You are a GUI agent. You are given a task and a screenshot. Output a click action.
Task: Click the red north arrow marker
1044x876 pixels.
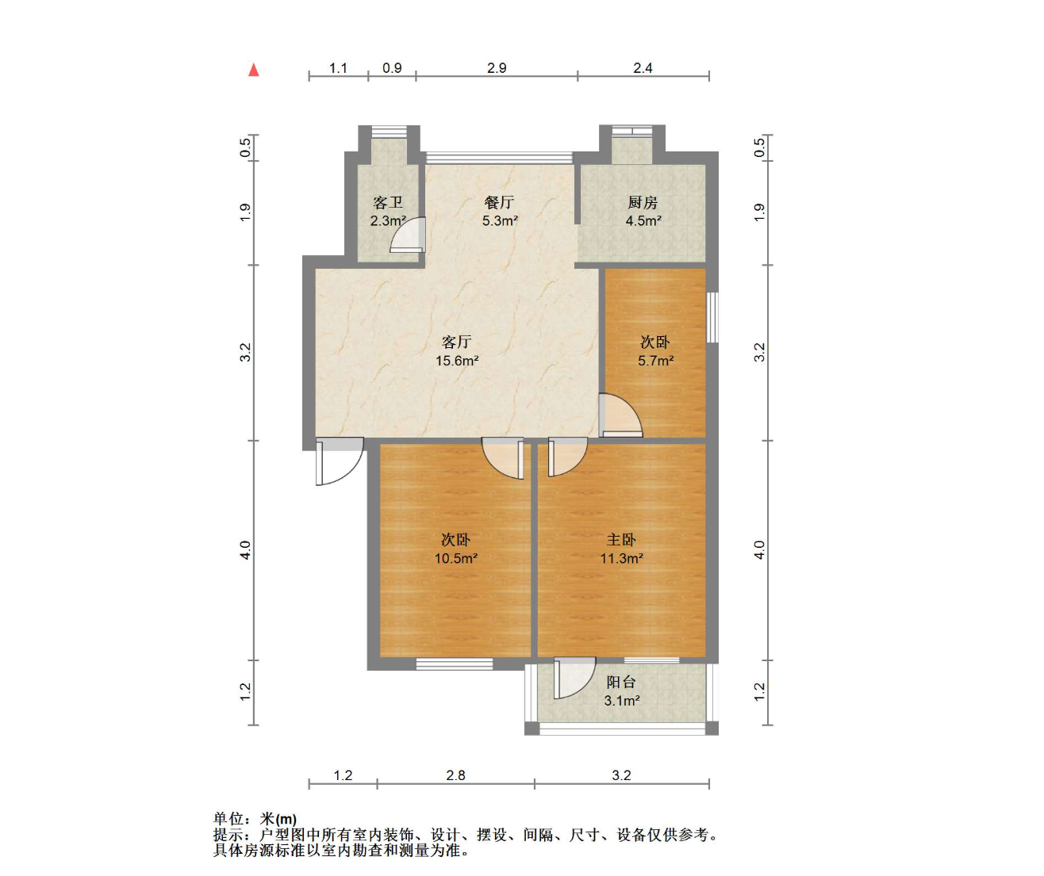pyautogui.click(x=254, y=70)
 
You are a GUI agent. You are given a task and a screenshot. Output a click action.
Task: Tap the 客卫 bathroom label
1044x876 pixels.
pyautogui.click(x=387, y=202)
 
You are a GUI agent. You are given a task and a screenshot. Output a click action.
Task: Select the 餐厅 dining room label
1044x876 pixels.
pyautogui.click(x=499, y=202)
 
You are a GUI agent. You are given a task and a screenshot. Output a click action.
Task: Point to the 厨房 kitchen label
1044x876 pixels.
pyautogui.click(x=643, y=202)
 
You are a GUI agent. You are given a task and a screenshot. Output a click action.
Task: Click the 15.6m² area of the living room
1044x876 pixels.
pyautogui.click(x=457, y=360)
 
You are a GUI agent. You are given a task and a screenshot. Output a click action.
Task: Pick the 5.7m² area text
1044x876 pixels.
pyautogui.click(x=655, y=360)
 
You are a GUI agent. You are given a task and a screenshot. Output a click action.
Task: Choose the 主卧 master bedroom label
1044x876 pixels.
pyautogui.click(x=621, y=540)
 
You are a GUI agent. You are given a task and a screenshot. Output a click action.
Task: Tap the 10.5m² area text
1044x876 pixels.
pyautogui.click(x=455, y=558)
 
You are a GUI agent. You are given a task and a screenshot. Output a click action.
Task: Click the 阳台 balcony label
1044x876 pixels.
pyautogui.click(x=621, y=682)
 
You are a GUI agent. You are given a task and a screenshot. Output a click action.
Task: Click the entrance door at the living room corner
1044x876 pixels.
pyautogui.click(x=340, y=461)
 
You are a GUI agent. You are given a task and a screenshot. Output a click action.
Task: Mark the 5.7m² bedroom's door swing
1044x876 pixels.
pyautogui.click(x=620, y=415)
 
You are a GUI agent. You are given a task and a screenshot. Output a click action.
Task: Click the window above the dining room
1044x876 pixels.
pyautogui.click(x=499, y=157)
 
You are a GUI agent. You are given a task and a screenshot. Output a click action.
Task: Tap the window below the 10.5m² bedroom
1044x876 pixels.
pyautogui.click(x=455, y=664)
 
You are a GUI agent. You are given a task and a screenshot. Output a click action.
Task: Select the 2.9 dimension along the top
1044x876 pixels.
pyautogui.click(x=497, y=68)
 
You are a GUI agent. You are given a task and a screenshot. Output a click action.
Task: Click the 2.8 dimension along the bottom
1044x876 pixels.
pyautogui.click(x=455, y=775)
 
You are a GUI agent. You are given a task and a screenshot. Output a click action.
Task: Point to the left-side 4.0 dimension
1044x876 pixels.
pyautogui.click(x=245, y=550)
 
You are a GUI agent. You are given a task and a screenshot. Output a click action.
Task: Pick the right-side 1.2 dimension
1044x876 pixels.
pyautogui.click(x=759, y=691)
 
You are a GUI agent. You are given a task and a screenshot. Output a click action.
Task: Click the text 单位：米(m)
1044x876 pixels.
pyautogui.click(x=255, y=819)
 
